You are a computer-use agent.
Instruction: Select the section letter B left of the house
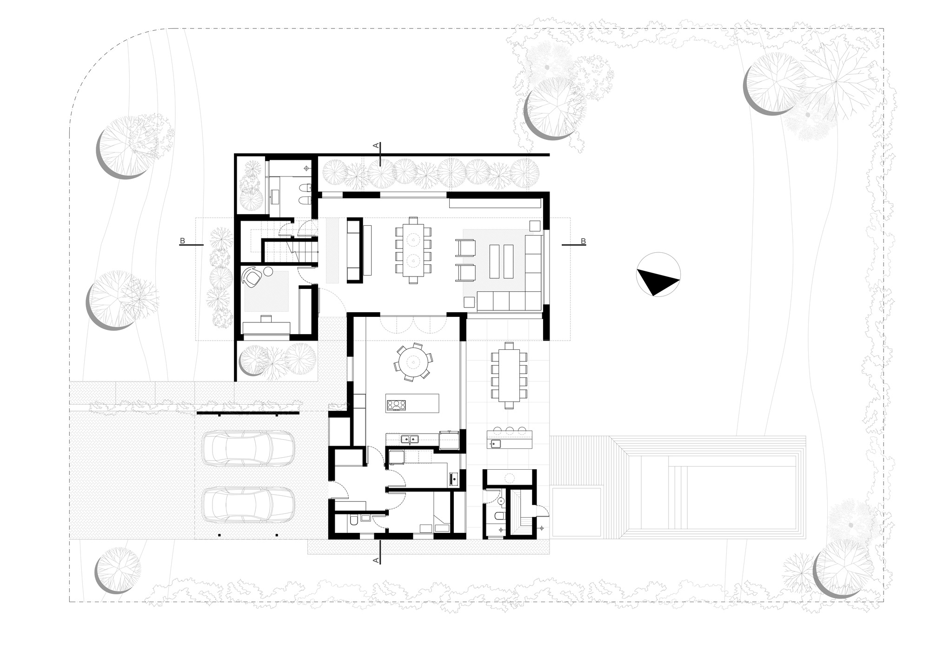coord(183,241)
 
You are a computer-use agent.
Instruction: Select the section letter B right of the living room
coord(583,241)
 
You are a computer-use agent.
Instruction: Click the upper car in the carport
coord(247,447)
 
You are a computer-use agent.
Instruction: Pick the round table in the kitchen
coord(413,361)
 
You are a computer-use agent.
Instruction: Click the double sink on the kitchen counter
coord(410,438)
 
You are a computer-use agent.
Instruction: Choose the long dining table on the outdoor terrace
coord(509,375)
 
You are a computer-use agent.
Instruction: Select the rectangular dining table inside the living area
coord(413,250)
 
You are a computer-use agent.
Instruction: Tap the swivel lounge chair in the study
coord(252,277)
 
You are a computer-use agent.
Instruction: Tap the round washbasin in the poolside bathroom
coord(501,501)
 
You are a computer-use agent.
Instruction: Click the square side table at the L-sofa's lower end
coord(469,302)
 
